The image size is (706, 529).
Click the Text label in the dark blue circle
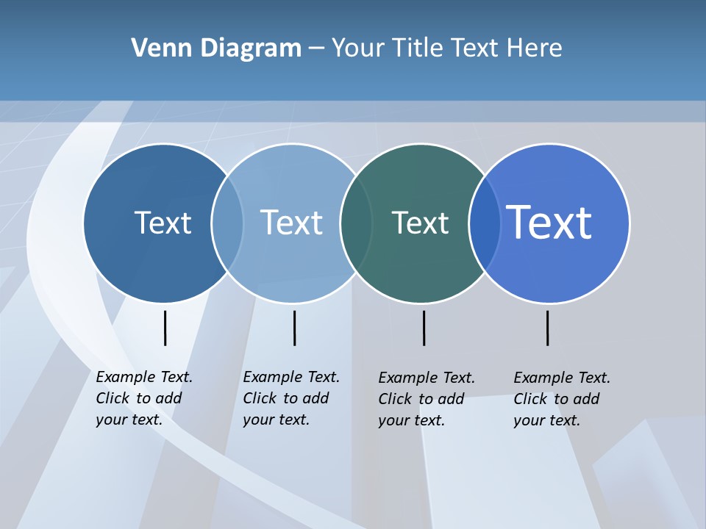pyautogui.click(x=163, y=223)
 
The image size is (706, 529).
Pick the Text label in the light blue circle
pyautogui.click(x=292, y=223)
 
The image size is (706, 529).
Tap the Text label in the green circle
pyautogui.click(x=420, y=223)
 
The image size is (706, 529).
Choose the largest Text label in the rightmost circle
pyautogui.click(x=549, y=222)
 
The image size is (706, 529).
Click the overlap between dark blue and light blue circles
pyautogui.click(x=227, y=223)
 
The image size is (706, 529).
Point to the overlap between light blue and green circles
pyautogui.click(x=356, y=223)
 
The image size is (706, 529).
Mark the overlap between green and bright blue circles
pyautogui.click(x=485, y=223)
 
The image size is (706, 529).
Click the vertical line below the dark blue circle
pyautogui.click(x=165, y=328)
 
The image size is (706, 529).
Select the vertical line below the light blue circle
pyautogui.click(x=294, y=328)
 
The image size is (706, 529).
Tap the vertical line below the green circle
pyautogui.click(x=424, y=328)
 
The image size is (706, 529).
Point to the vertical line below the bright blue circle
pyautogui.click(x=547, y=328)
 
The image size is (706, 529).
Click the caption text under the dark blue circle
pyautogui.click(x=143, y=398)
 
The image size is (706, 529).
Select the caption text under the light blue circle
pyautogui.click(x=290, y=398)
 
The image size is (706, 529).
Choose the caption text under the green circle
pyautogui.click(x=426, y=399)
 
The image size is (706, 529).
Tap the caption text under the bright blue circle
pyautogui.click(x=561, y=399)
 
